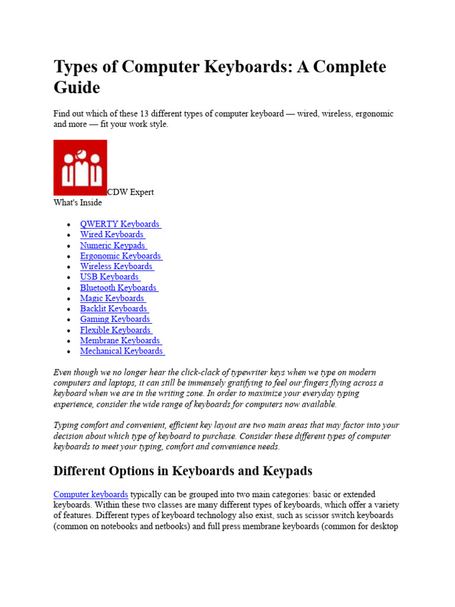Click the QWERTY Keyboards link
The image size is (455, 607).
(120, 224)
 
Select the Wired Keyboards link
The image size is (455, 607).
(112, 235)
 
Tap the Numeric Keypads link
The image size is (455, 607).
(113, 245)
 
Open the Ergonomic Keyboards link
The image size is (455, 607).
(120, 256)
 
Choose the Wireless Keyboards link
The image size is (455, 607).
(116, 267)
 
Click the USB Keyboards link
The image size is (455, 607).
(110, 277)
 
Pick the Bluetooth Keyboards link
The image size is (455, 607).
(118, 287)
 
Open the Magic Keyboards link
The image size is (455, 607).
(112, 298)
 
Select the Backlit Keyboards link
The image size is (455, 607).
(114, 309)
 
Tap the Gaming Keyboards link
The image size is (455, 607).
(115, 320)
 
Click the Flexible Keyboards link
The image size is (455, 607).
(116, 330)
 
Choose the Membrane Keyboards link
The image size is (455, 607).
(120, 341)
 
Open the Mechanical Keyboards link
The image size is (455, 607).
(121, 351)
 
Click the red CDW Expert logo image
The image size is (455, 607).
(80, 167)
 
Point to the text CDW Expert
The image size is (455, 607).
(130, 192)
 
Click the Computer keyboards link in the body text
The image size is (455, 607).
(91, 494)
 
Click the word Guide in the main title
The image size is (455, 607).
(76, 88)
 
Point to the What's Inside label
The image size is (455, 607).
(78, 203)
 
